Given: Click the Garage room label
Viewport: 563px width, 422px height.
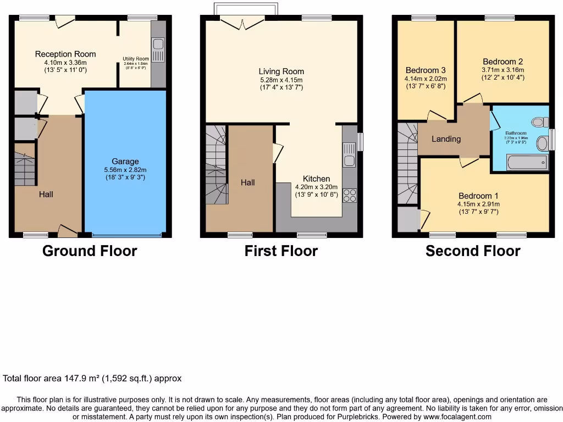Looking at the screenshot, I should [x=125, y=162].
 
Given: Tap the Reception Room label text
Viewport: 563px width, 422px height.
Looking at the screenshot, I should [x=65, y=54].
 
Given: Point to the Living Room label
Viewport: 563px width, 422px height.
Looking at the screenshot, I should [x=281, y=71].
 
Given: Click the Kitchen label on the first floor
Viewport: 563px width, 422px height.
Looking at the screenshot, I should [x=317, y=179].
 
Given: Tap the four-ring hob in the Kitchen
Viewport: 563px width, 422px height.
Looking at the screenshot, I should [x=350, y=196].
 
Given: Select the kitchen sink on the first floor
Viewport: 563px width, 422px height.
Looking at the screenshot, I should [x=349, y=154].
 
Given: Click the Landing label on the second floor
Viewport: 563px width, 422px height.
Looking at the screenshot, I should [x=446, y=139].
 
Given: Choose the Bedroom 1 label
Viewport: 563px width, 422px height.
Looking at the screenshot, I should [x=476, y=196].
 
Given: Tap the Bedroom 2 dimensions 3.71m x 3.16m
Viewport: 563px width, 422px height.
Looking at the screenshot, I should [x=503, y=70].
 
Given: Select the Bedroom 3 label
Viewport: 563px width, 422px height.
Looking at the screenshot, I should [x=426, y=70].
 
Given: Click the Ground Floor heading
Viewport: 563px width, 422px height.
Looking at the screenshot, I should [x=90, y=251].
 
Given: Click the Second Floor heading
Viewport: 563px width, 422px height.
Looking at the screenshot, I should [x=473, y=251].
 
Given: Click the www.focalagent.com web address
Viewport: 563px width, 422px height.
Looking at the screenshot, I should [x=457, y=417].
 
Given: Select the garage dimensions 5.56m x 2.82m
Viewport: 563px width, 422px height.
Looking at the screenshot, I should [x=125, y=170].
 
